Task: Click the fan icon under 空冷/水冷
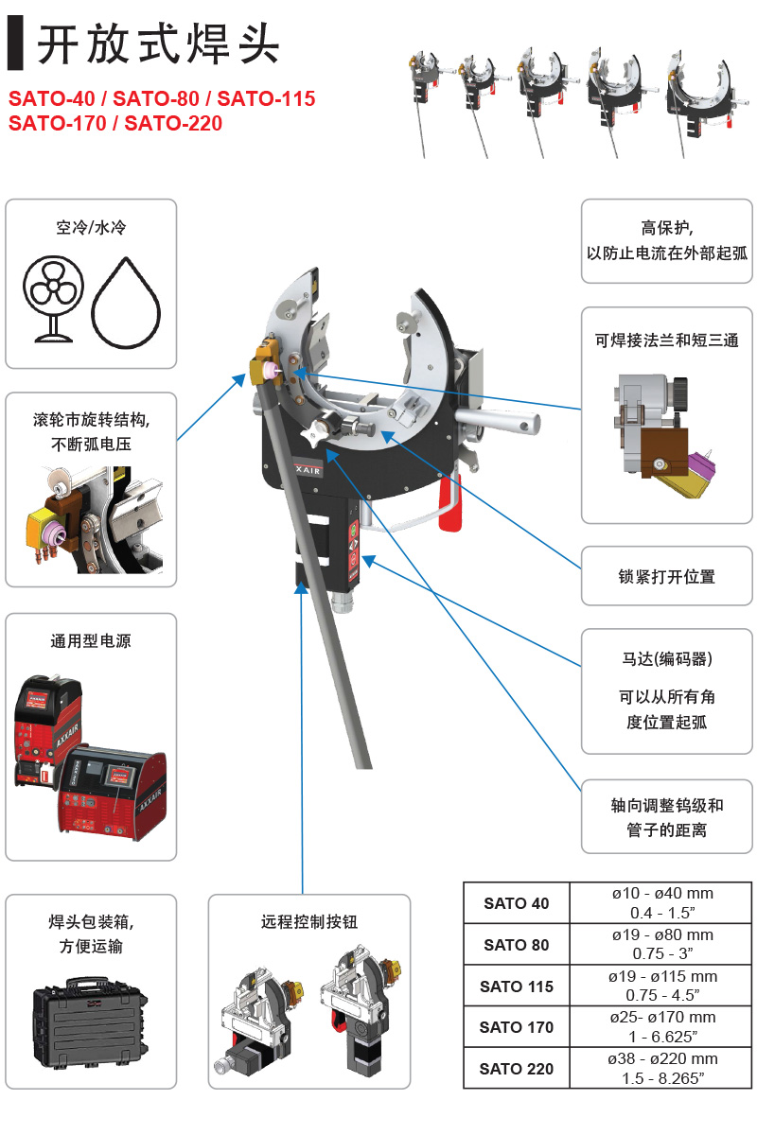53,298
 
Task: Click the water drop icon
126,303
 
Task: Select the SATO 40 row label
516,903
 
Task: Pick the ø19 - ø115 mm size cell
662,976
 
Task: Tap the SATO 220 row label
516,1069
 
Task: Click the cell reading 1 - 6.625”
662,1037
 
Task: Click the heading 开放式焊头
158,44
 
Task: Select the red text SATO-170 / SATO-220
115,123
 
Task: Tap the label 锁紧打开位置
666,576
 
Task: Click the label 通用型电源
91,641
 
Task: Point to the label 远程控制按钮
309,921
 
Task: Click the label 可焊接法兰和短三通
666,340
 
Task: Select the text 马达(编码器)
666,658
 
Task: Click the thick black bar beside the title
15,43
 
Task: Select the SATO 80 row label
516,945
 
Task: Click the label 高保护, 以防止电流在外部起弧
666,240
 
